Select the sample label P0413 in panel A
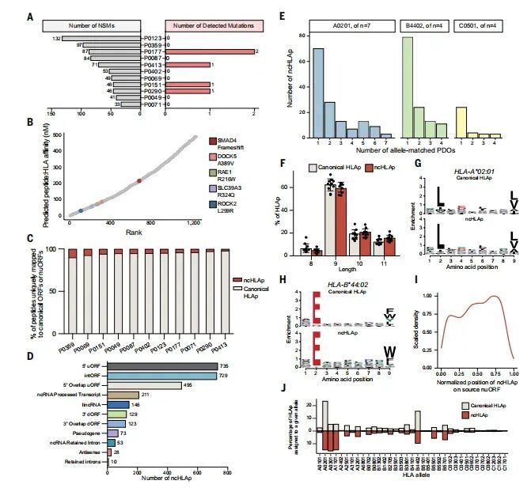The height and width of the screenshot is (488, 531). [x=152, y=64]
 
